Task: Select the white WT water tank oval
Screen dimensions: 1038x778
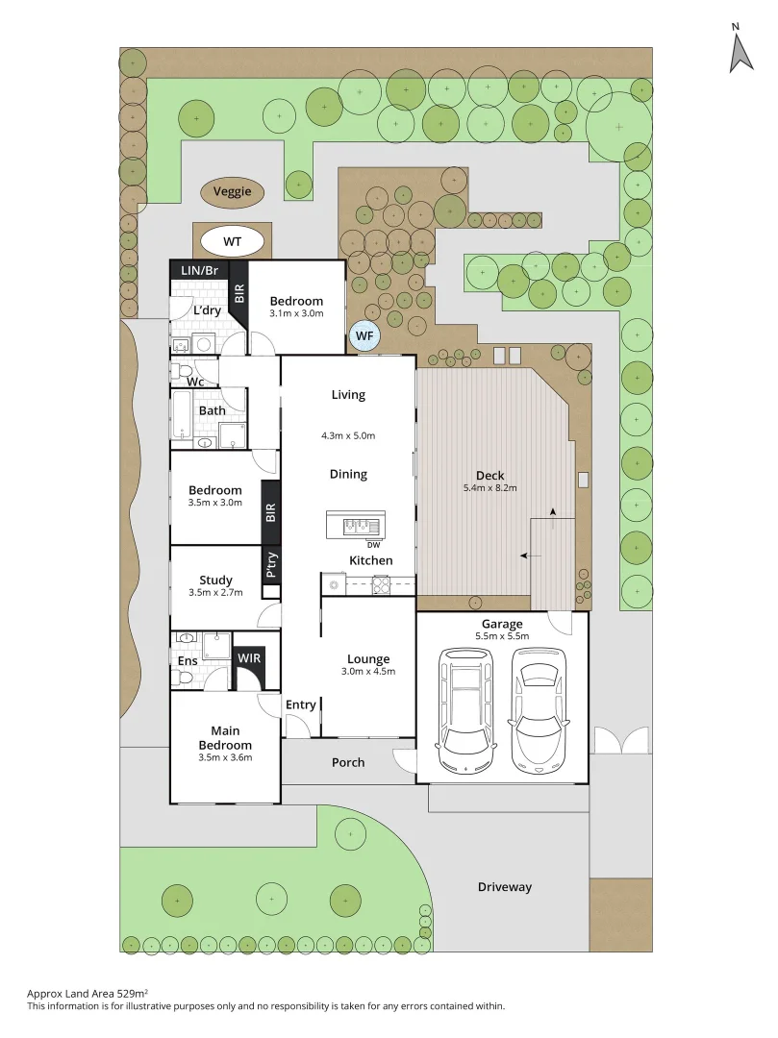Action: click(232, 240)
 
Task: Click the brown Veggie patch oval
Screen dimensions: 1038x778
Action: click(233, 192)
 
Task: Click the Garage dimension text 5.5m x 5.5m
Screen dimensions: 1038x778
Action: click(502, 636)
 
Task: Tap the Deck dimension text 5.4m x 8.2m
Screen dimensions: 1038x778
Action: click(490, 488)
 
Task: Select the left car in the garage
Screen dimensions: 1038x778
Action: click(465, 709)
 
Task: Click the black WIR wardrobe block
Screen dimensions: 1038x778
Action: click(249, 658)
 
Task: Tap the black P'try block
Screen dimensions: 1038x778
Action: click(272, 565)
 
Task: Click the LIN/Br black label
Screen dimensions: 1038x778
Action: click(200, 271)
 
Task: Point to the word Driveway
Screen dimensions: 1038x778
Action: click(505, 887)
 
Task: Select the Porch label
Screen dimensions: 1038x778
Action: click(348, 762)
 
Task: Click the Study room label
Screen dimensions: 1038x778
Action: click(215, 580)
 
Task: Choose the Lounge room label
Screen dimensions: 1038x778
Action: click(368, 659)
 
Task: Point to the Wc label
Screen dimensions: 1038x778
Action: click(195, 382)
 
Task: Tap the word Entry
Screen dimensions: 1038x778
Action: click(301, 704)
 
